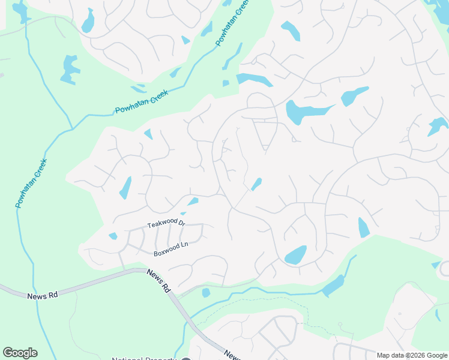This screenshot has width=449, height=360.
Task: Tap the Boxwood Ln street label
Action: click(x=171, y=249)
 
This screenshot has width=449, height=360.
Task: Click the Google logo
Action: click(x=20, y=353)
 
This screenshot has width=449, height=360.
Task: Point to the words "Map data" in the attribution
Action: click(x=390, y=355)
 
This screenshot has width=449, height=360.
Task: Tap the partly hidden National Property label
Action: click(x=144, y=358)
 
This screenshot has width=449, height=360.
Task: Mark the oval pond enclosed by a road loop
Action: click(x=295, y=255)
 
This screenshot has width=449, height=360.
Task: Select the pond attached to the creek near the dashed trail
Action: click(x=333, y=286)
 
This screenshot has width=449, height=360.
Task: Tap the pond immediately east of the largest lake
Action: click(x=354, y=96)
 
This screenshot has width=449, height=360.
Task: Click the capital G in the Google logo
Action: click(x=8, y=353)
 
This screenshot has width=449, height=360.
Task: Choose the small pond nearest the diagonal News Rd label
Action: click(x=206, y=293)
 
